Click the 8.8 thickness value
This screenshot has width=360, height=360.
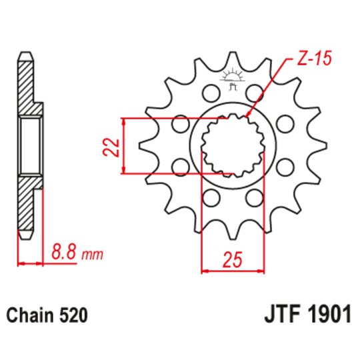(64, 254)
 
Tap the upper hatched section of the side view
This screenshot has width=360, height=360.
(27, 83)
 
